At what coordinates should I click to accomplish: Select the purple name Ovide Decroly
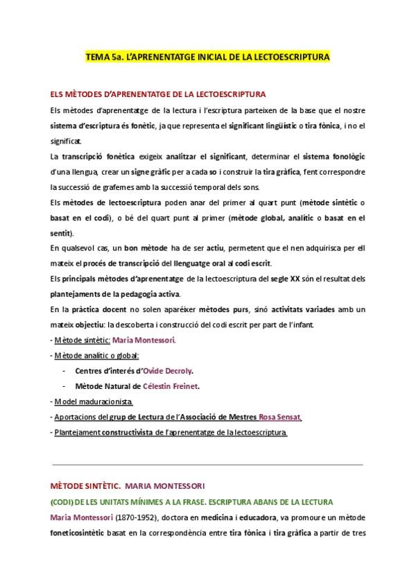[x=168, y=371]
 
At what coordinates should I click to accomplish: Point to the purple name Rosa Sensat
[x=279, y=417]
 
